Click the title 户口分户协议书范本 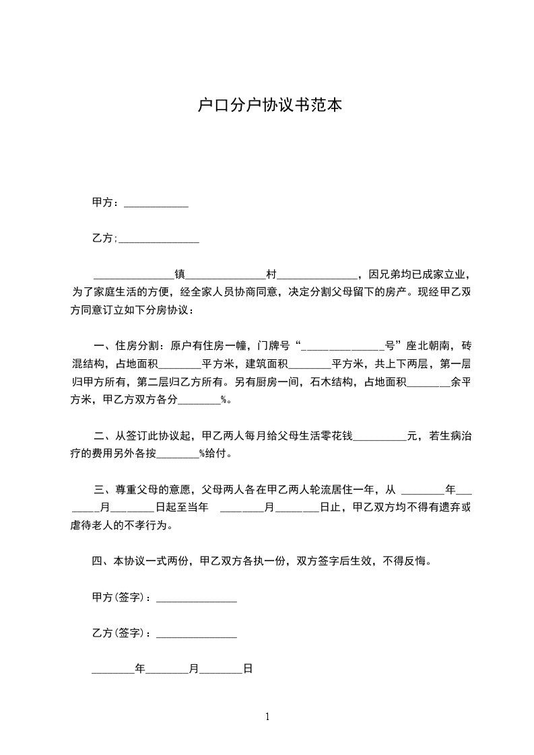pos(267,106)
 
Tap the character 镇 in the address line pos(180,275)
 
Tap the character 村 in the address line pos(271,275)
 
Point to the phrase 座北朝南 pos(428,347)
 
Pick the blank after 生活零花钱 pos(380,436)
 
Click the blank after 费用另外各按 pos(178,454)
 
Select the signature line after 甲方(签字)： pos(196,598)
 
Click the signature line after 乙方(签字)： pos(196,633)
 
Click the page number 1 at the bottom pos(267,717)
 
